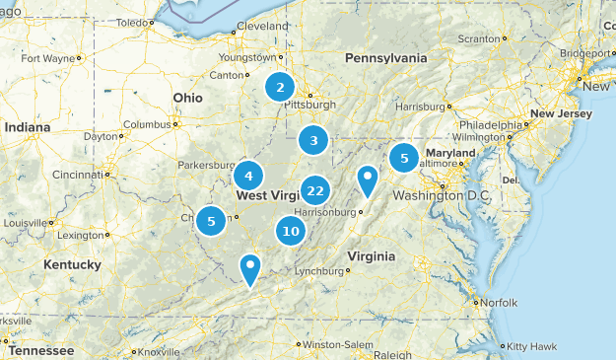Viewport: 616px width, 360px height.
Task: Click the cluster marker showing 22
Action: (315, 190)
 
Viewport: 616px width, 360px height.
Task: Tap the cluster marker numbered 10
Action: (290, 232)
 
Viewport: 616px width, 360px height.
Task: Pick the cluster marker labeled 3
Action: (313, 141)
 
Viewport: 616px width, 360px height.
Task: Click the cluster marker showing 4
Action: (248, 177)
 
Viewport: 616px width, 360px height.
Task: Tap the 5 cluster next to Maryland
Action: (403, 158)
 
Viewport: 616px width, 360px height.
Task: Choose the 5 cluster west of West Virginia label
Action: (211, 221)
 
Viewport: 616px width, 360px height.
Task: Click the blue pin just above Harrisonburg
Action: (368, 180)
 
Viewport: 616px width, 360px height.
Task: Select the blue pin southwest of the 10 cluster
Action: (250, 266)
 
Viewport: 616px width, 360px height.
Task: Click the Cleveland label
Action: (262, 26)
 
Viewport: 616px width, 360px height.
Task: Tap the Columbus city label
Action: (147, 124)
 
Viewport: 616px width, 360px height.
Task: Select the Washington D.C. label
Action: (441, 195)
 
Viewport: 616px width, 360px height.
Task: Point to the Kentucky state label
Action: (72, 264)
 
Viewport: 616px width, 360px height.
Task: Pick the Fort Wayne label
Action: (47, 58)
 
